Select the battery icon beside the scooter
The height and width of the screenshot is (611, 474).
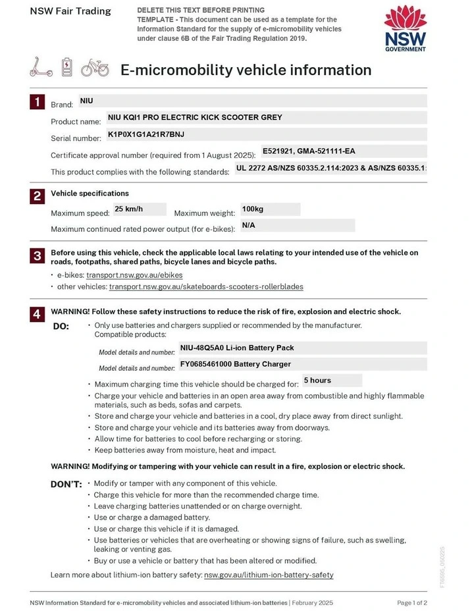point(67,66)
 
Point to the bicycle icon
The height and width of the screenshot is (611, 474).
point(95,67)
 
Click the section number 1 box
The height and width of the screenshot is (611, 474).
point(38,101)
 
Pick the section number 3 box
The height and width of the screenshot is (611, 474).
point(38,255)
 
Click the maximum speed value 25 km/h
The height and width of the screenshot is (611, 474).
point(129,209)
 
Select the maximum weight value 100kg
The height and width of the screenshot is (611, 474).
point(253,209)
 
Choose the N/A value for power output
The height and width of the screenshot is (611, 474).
point(249,225)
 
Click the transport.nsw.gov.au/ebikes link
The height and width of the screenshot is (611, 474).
point(134,275)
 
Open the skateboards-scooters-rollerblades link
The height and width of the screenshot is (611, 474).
point(206,287)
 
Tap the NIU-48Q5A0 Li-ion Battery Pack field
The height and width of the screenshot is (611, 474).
point(237,348)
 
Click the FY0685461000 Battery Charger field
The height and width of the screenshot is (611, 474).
point(236,364)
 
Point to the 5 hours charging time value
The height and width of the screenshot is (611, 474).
point(317,381)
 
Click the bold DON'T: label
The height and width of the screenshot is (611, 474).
point(66,485)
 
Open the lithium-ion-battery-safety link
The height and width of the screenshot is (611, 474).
point(269,575)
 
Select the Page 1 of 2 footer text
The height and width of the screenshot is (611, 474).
point(412,602)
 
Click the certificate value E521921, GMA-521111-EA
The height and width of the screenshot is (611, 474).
point(309,151)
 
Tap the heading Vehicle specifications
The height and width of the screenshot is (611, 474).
point(90,194)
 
